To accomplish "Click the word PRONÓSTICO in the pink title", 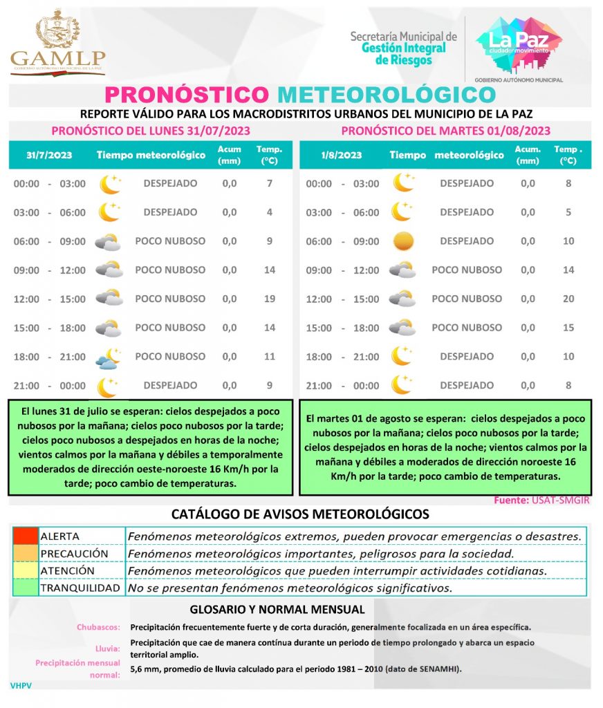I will coord(185,95).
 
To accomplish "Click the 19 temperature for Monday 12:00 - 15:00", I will coord(270,299).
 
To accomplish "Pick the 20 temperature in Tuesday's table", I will coord(568,299).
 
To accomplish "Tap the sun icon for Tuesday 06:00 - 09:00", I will coord(402,241).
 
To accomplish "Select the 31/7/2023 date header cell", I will coord(49,155).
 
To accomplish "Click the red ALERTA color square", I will coord(25,536).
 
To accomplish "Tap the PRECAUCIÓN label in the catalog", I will coord(74,554).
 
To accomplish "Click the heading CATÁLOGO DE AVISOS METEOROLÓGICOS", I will coord(300,514).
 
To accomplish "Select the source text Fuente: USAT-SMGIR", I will coord(541,500).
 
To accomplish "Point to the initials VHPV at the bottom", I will coord(21,685).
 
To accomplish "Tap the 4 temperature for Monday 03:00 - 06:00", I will coord(270,212).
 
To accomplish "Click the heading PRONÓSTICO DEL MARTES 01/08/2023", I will coord(445,131).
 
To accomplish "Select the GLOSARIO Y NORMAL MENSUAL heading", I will coord(277,610).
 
